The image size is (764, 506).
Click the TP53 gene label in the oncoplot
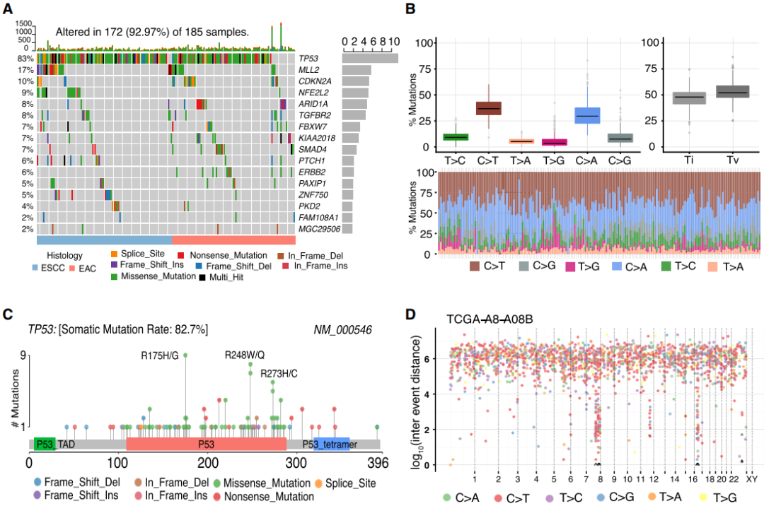(x=309, y=59)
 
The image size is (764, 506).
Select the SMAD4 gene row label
(x=312, y=150)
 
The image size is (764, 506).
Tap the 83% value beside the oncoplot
(x=26, y=59)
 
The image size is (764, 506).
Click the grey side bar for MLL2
(x=357, y=70)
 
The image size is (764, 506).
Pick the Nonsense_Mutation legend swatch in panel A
(x=181, y=254)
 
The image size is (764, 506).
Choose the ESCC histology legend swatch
(x=35, y=268)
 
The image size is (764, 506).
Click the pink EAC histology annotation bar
(x=233, y=240)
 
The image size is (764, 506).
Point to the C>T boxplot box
(x=488, y=108)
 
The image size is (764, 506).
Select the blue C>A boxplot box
(x=587, y=115)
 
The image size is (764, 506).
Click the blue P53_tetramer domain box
(x=332, y=445)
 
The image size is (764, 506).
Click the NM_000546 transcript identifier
(x=343, y=330)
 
